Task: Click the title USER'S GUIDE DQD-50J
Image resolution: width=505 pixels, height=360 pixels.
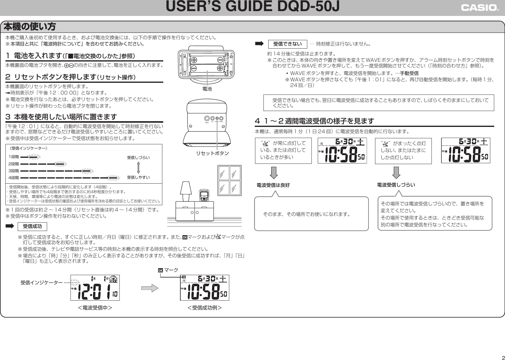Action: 252,7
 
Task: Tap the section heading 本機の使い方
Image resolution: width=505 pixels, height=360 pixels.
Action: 30,27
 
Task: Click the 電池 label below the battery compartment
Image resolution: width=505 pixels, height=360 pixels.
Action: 207,89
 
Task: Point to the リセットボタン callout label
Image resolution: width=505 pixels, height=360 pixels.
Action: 212,153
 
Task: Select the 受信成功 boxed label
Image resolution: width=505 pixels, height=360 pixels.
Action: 32,226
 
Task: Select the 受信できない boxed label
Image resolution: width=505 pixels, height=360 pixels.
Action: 287,44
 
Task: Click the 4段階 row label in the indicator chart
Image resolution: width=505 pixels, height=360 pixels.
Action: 14,178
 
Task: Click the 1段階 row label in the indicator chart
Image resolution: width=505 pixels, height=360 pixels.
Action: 14,157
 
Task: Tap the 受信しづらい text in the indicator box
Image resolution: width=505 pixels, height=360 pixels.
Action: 138,157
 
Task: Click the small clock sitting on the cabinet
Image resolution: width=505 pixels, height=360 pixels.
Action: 205,195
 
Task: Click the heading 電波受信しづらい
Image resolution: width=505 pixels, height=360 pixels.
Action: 396,185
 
